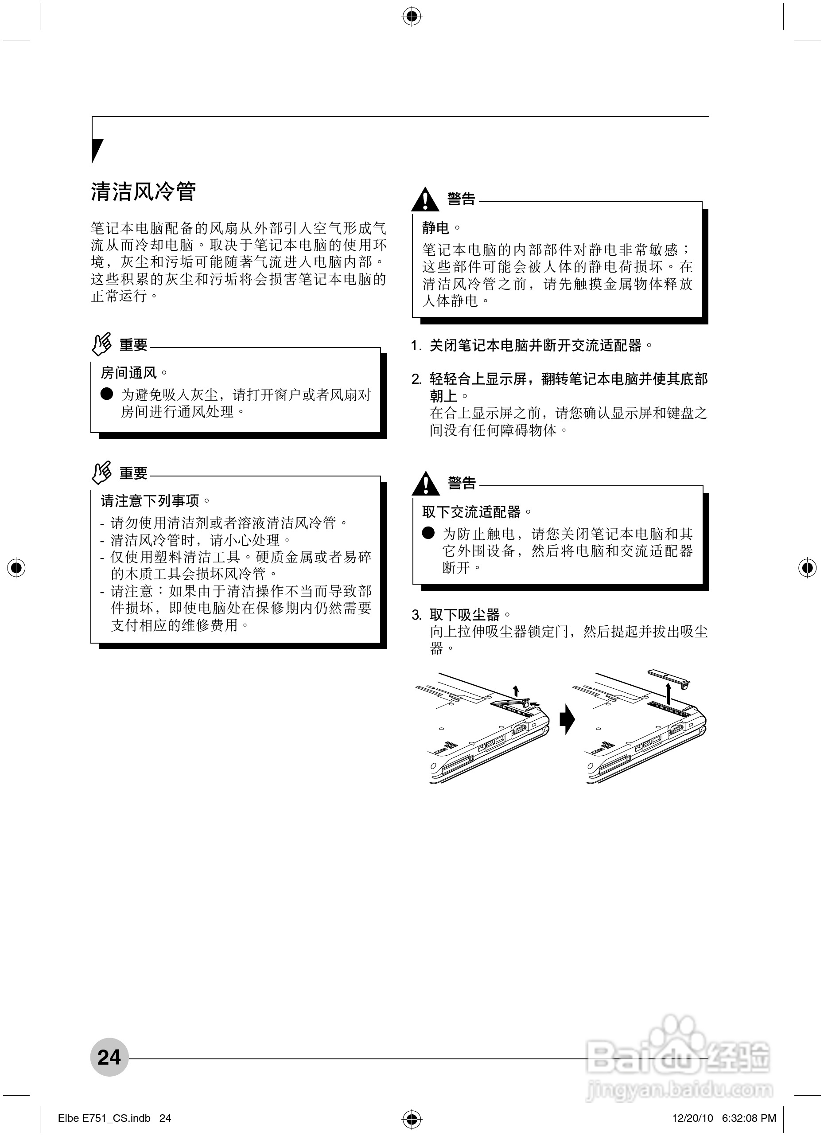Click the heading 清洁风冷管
click(x=143, y=192)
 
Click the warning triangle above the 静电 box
click(x=425, y=200)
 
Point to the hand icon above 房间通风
click(x=101, y=344)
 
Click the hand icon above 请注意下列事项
click(x=101, y=473)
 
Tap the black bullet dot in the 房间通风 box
click(x=107, y=394)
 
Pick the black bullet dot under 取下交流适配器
click(x=428, y=533)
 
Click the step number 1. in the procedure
click(x=416, y=346)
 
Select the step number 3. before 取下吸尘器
click(x=416, y=615)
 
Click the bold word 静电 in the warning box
click(x=435, y=228)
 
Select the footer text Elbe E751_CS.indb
click(x=104, y=1118)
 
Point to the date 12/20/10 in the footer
click(x=692, y=1118)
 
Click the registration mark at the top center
click(x=412, y=16)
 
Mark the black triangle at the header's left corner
click(x=97, y=150)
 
